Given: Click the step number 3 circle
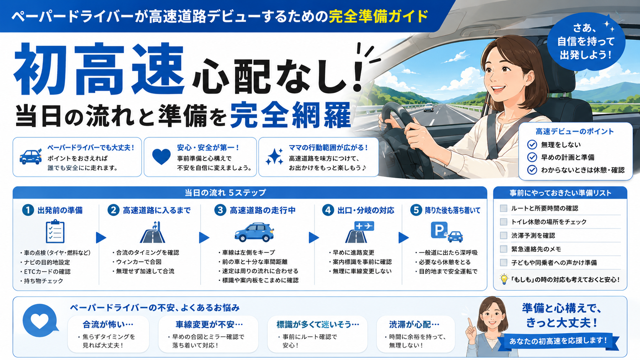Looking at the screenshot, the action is (220, 210).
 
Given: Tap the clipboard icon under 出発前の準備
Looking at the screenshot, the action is (55, 231).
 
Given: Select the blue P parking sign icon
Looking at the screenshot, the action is (439, 230).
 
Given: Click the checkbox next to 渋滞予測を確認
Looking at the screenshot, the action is (503, 236).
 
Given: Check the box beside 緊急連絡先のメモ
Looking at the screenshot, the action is (503, 249).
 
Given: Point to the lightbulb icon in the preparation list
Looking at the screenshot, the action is (504, 279).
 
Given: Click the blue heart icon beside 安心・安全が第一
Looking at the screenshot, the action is (162, 157).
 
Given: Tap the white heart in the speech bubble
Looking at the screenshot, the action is (40, 321).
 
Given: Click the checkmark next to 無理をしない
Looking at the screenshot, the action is (532, 145).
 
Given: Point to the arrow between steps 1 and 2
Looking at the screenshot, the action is (101, 238).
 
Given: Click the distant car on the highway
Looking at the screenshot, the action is (428, 108).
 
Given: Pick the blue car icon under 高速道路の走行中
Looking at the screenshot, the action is (254, 232).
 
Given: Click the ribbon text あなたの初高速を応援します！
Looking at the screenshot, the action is (558, 340).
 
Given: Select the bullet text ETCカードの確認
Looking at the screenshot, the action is (47, 272).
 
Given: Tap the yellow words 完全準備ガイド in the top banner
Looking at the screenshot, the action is (379, 16).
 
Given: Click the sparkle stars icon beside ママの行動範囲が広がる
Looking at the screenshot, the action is (274, 157).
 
